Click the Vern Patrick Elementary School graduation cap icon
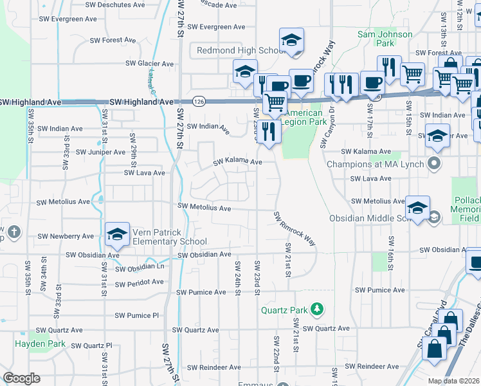coord(117,235)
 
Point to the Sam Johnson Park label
coord(385,39)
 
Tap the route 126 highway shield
coord(198,102)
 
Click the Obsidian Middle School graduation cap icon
coord(417,208)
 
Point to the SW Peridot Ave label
coord(140,282)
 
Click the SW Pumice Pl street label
coord(136,315)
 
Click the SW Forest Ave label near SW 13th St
coord(439,53)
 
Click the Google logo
coord(21,378)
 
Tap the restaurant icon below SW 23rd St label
coord(269,133)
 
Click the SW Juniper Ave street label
coord(101,152)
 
